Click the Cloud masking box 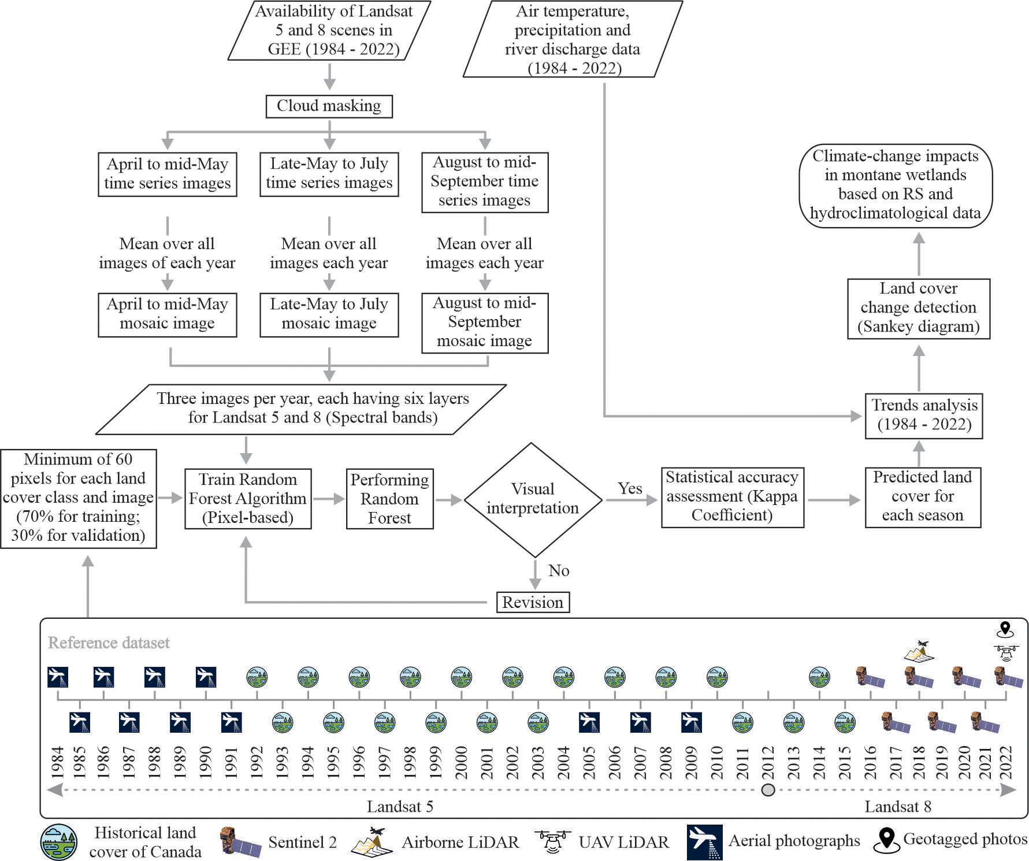tap(329, 106)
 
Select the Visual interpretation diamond tap(532, 499)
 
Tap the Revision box tap(533, 602)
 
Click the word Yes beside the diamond tap(629, 488)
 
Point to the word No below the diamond tap(559, 570)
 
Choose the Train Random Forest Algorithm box tap(248, 499)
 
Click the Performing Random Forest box tap(389, 499)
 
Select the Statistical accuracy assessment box tap(732, 497)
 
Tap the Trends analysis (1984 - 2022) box tap(924, 415)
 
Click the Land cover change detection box tap(918, 308)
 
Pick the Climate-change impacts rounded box tap(895, 185)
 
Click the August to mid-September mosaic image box tap(484, 322)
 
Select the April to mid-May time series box tap(168, 174)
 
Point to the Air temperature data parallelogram tap(573, 39)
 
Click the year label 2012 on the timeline tap(768, 762)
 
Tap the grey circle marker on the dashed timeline tap(768, 790)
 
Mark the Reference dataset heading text tap(109, 643)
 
